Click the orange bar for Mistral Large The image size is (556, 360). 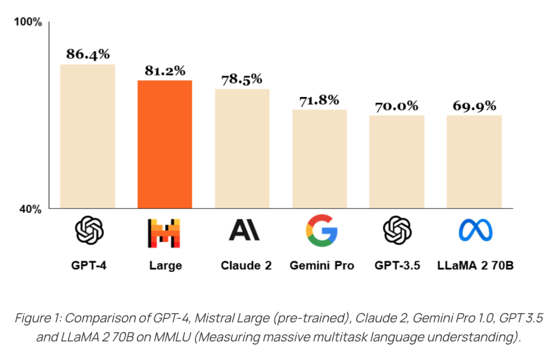point(165,144)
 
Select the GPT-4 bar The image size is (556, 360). point(87,136)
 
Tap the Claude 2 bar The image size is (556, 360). point(242,148)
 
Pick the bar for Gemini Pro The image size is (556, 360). point(319,159)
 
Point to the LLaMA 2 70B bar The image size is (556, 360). point(474,161)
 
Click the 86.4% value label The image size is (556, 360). point(88,54)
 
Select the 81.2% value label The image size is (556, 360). point(165,71)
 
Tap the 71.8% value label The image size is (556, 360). point(319,100)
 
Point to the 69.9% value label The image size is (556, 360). point(475,106)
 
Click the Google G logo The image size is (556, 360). point(319,230)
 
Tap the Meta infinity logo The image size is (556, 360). point(474,231)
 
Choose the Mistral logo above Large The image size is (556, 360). point(165,232)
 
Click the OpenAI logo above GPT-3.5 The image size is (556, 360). point(396,230)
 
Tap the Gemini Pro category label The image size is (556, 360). point(319,266)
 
